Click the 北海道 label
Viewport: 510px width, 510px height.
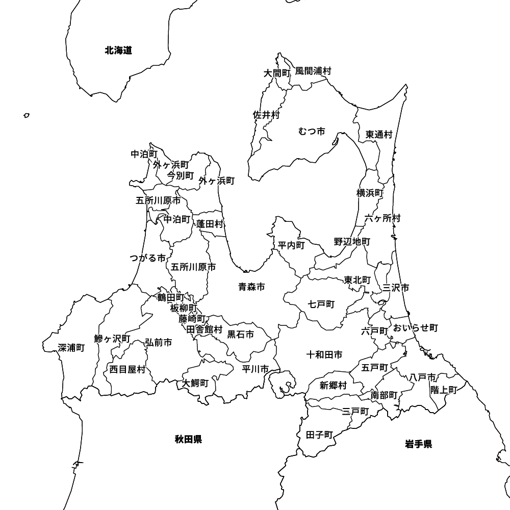pyautogui.click(x=118, y=50)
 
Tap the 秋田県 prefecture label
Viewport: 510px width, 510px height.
pyautogui.click(x=188, y=439)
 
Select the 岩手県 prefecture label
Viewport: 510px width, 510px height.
pyautogui.click(x=419, y=444)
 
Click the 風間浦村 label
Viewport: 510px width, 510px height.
pyautogui.click(x=313, y=71)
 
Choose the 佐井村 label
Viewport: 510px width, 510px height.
pyautogui.click(x=266, y=115)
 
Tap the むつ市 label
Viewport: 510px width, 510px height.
pyautogui.click(x=312, y=132)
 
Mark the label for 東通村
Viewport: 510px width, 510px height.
pyautogui.click(x=379, y=135)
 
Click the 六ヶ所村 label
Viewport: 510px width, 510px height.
pyautogui.click(x=382, y=218)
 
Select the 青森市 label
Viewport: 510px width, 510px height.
pyautogui.click(x=251, y=287)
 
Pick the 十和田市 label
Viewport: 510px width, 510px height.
pyautogui.click(x=324, y=354)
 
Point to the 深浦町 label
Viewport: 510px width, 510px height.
pyautogui.click(x=71, y=348)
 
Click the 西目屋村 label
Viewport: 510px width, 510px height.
pyautogui.click(x=127, y=369)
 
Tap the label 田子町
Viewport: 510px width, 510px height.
pyautogui.click(x=320, y=435)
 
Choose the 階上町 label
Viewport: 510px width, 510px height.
pyautogui.click(x=444, y=390)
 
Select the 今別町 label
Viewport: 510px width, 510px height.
pyautogui.click(x=181, y=176)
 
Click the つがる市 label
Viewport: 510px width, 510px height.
pyautogui.click(x=148, y=258)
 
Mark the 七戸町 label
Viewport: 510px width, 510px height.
pyautogui.click(x=321, y=304)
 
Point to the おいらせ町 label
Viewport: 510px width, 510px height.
pyautogui.click(x=415, y=327)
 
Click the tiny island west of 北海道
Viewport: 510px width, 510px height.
pyautogui.click(x=27, y=116)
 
